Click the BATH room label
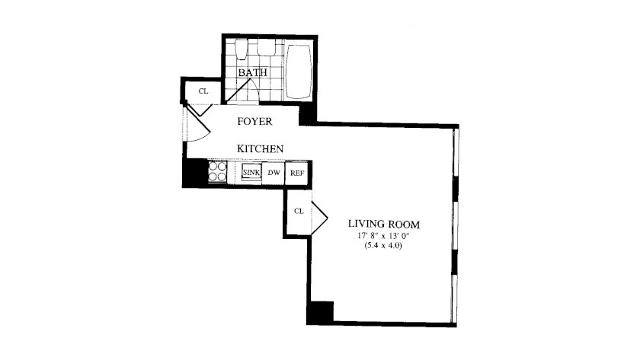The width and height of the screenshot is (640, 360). pyautogui.click(x=253, y=73)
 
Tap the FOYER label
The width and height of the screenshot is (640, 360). pyautogui.click(x=254, y=122)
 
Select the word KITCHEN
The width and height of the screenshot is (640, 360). pyautogui.click(x=261, y=149)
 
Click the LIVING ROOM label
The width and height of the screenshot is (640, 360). pyautogui.click(x=384, y=225)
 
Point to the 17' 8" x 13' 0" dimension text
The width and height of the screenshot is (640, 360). pyautogui.click(x=383, y=236)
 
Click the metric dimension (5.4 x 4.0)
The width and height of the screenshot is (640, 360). pyautogui.click(x=383, y=246)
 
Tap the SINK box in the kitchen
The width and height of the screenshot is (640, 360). pyautogui.click(x=251, y=172)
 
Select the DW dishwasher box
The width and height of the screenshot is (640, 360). pyautogui.click(x=274, y=173)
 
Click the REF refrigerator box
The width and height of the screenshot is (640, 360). pyautogui.click(x=297, y=174)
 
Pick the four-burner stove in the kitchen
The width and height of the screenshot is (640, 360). pyautogui.click(x=218, y=172)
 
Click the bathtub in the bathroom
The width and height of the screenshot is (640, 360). pyautogui.click(x=298, y=71)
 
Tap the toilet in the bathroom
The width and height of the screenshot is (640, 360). pyautogui.click(x=242, y=49)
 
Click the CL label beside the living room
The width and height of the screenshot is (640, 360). pyautogui.click(x=299, y=211)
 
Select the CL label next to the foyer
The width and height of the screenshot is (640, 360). pyautogui.click(x=203, y=91)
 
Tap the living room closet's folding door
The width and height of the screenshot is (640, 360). pyautogui.click(x=320, y=218)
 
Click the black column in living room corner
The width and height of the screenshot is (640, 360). pyautogui.click(x=321, y=312)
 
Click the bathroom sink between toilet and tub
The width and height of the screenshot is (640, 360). pyautogui.click(x=267, y=47)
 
